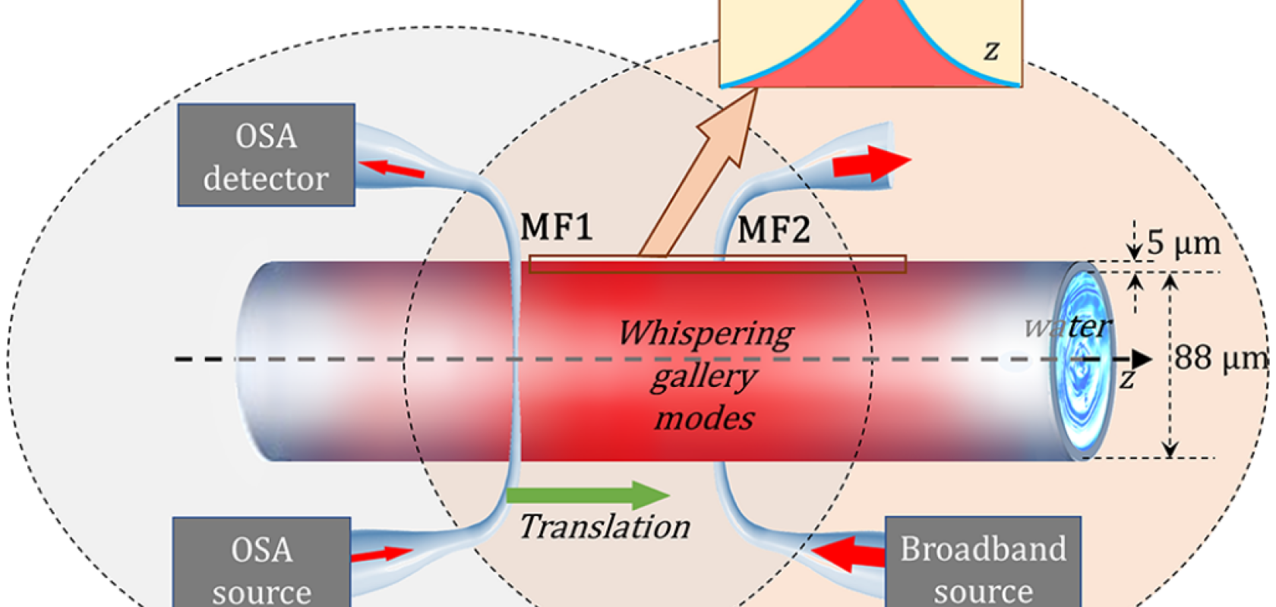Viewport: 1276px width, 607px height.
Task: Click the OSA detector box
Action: (266, 156)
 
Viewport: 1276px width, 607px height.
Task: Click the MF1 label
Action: (556, 227)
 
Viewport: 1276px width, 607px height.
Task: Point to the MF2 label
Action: (773, 229)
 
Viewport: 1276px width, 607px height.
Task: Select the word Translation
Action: (605, 527)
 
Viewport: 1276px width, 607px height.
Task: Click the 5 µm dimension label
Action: (1183, 244)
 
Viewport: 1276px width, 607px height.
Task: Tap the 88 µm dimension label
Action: (1220, 358)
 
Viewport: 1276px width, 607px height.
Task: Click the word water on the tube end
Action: (1067, 327)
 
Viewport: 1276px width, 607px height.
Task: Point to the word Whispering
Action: (706, 333)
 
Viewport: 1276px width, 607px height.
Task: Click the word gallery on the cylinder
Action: (703, 376)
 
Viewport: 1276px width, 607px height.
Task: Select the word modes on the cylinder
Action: (704, 418)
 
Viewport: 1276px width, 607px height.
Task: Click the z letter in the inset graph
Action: (991, 50)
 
